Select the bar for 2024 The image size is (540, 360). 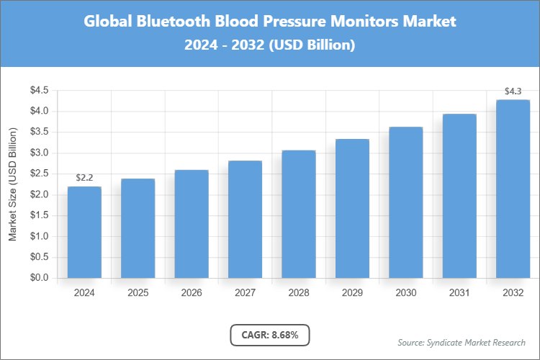point(84,232)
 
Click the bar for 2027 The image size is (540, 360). point(245,219)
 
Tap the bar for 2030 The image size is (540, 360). point(405,202)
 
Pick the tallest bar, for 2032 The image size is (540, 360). point(513,189)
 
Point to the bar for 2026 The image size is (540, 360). point(192,224)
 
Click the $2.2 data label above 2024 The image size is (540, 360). point(84,177)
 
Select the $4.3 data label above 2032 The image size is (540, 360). point(513,91)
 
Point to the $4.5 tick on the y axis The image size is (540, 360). point(39,91)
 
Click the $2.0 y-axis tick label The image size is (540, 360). point(39,194)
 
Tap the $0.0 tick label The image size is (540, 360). point(39,278)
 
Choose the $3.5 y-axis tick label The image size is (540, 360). point(39,132)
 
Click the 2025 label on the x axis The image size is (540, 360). point(138,293)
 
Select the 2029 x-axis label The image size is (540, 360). point(352,293)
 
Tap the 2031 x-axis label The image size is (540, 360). point(459,293)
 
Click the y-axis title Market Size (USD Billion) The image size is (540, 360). point(12,184)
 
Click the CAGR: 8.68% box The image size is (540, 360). point(269,335)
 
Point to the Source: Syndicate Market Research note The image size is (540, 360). point(462,342)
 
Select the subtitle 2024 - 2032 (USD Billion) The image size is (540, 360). point(270,45)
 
